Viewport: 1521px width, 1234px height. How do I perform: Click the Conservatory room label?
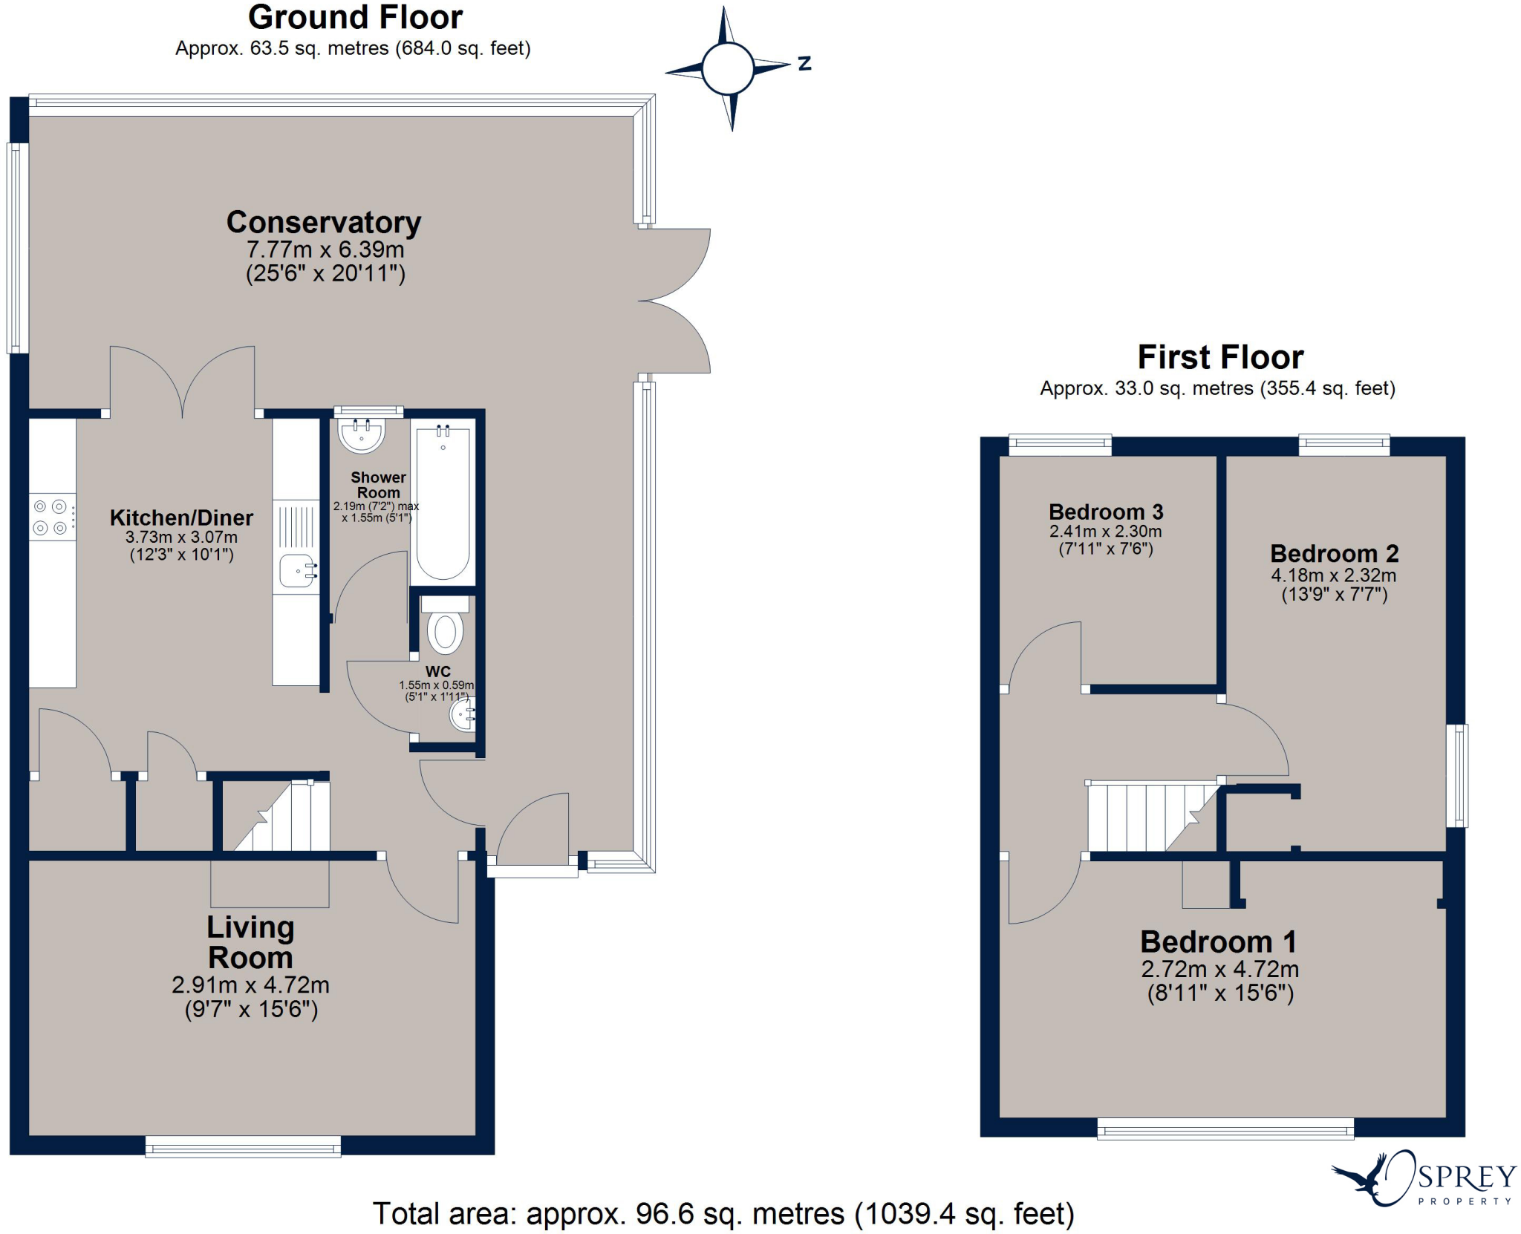pyautogui.click(x=324, y=223)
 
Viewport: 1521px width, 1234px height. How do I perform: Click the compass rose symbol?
pyautogui.click(x=728, y=68)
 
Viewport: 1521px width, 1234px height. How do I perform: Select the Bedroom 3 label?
pyautogui.click(x=1105, y=512)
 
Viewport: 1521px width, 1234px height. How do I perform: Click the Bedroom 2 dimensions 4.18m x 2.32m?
pyautogui.click(x=1333, y=575)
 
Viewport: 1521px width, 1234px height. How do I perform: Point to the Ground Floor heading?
pyautogui.click(x=355, y=18)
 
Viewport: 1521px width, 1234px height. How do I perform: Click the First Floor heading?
pyautogui.click(x=1220, y=358)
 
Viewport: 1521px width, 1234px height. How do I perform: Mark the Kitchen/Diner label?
pyautogui.click(x=181, y=518)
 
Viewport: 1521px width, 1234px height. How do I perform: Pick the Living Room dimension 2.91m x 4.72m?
pyautogui.click(x=250, y=985)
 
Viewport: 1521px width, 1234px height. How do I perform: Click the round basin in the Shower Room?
pyautogui.click(x=362, y=434)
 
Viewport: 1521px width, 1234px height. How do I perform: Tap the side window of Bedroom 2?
pyautogui.click(x=1457, y=775)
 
